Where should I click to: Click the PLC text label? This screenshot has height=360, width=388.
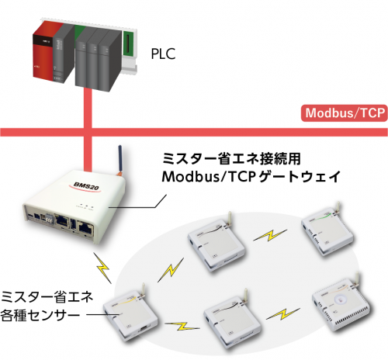click(x=163, y=54)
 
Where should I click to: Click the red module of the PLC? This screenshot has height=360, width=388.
click(x=44, y=50)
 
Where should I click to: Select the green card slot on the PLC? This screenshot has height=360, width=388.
click(x=128, y=43)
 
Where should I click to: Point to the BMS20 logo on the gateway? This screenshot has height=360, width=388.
click(x=86, y=186)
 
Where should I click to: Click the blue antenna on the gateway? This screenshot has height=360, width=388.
click(x=120, y=159)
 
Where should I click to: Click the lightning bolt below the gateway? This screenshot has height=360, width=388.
click(x=102, y=268)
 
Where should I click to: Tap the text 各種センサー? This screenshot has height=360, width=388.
click(x=40, y=315)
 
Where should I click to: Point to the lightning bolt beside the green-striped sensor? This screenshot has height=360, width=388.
click(x=270, y=235)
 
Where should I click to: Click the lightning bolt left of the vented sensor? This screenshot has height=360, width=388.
click(x=283, y=313)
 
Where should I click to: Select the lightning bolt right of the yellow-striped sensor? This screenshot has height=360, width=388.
click(x=182, y=327)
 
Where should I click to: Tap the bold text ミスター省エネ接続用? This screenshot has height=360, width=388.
click(x=231, y=158)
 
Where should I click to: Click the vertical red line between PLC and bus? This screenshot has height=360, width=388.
click(x=88, y=109)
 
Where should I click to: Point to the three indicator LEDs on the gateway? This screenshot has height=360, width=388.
click(x=86, y=205)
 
